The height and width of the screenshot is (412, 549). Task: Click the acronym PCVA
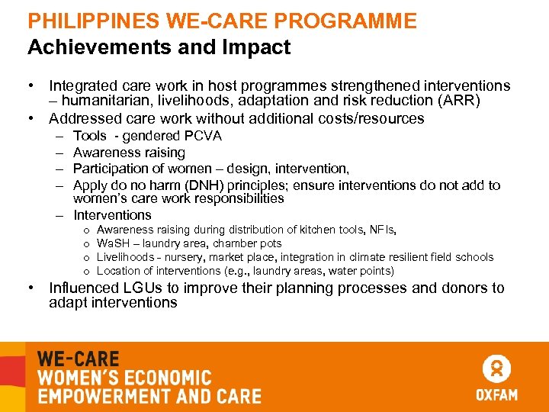click(x=203, y=136)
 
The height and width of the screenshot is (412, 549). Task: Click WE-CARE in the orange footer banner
click(x=79, y=359)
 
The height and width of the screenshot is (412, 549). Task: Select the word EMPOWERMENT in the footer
click(x=102, y=396)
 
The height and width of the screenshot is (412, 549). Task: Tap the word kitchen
click(x=318, y=230)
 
